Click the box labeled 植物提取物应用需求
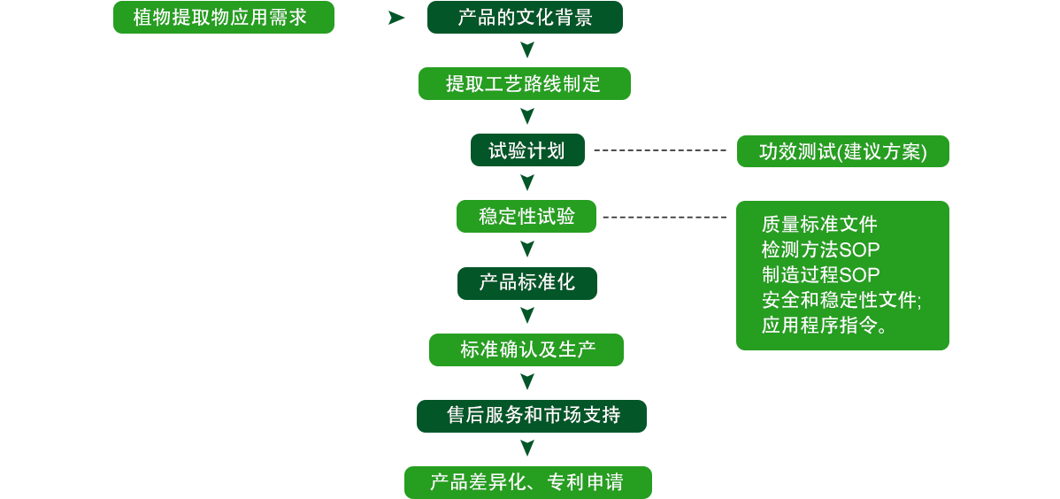tap(224, 18)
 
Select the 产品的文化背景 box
tap(525, 18)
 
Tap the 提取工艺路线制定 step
tap(525, 84)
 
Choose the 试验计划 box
tap(526, 150)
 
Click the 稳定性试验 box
tap(526, 217)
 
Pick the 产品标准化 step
tap(526, 283)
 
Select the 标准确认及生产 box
tap(526, 349)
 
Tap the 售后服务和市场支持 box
tap(531, 416)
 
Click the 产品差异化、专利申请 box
tap(527, 482)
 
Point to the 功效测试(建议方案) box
tap(842, 151)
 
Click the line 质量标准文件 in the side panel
tap(819, 225)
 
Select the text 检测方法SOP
tap(820, 249)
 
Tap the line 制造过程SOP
tap(820, 274)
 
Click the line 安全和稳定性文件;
tap(841, 300)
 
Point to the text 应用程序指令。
tap(825, 325)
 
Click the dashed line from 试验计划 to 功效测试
tap(659, 150)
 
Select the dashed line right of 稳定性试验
tap(664, 217)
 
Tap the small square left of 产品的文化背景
tap(396, 18)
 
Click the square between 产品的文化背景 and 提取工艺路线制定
tap(526, 50)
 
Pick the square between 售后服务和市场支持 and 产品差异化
tap(526, 449)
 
